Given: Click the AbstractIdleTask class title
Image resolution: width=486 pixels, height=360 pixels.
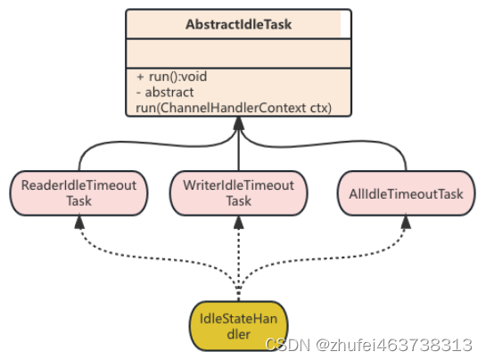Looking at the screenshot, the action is [x=238, y=24].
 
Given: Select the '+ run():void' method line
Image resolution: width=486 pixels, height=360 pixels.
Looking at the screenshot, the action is [x=171, y=77].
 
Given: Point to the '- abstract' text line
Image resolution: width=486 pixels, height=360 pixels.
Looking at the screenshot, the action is [x=165, y=92].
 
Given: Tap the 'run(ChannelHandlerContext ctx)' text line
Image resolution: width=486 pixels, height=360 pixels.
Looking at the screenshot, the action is [x=234, y=108].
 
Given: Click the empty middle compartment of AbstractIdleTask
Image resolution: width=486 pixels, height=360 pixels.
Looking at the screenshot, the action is [x=238, y=53].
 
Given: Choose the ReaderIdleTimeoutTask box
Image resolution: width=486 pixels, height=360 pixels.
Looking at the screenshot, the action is [x=78, y=192].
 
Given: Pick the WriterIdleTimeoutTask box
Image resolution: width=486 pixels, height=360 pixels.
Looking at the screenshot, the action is [x=238, y=192].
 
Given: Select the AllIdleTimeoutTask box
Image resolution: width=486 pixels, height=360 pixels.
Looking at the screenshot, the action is [x=406, y=192].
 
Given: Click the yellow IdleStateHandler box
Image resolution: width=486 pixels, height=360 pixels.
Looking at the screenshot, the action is [x=238, y=326].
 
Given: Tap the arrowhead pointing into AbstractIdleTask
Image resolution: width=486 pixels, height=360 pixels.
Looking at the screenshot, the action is [x=238, y=123].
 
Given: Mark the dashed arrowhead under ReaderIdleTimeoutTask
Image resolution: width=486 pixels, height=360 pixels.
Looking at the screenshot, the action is [x=79, y=223].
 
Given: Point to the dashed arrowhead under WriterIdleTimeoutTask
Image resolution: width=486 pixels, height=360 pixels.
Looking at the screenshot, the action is [x=238, y=223].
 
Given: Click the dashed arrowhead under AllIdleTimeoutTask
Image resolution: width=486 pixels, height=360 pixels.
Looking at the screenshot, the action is [x=406, y=223].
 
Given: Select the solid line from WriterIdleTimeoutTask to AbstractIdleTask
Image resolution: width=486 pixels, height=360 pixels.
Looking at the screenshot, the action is [x=238, y=151].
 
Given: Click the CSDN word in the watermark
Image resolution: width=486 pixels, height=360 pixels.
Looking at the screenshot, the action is [x=288, y=345].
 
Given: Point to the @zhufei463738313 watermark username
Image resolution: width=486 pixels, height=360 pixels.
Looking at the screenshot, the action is [x=393, y=345].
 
